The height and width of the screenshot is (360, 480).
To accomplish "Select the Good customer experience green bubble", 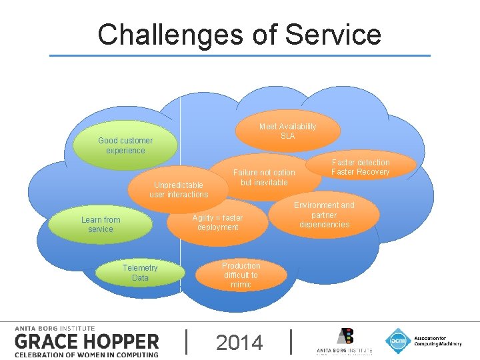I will [x=125, y=145].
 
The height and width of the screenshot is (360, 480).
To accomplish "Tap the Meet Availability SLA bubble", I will [x=287, y=131].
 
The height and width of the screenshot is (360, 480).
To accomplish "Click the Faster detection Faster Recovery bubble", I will [x=360, y=167].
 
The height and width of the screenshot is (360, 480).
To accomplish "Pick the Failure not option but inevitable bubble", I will [x=264, y=178].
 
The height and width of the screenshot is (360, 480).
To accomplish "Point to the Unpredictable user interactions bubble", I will [x=179, y=190].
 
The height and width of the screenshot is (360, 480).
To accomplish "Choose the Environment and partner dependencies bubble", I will [x=324, y=215].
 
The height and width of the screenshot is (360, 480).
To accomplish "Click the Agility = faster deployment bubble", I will [x=217, y=223].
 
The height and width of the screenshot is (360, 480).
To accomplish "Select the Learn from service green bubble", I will [x=101, y=225].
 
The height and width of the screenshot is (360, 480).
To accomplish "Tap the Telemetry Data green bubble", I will [x=140, y=273].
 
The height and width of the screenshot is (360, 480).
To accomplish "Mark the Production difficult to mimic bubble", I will [x=241, y=275].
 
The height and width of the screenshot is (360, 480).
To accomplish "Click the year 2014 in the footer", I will [x=239, y=343].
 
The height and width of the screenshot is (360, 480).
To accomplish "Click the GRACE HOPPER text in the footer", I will [x=87, y=342].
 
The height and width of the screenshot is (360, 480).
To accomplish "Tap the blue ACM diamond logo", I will [x=398, y=341].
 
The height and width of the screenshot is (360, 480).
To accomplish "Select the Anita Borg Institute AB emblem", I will [x=345, y=337].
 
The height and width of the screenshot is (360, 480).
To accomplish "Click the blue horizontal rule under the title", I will [x=240, y=56].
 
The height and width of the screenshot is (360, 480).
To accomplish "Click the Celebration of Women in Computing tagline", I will [x=87, y=354].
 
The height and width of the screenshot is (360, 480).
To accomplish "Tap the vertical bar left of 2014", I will [x=185, y=341].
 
